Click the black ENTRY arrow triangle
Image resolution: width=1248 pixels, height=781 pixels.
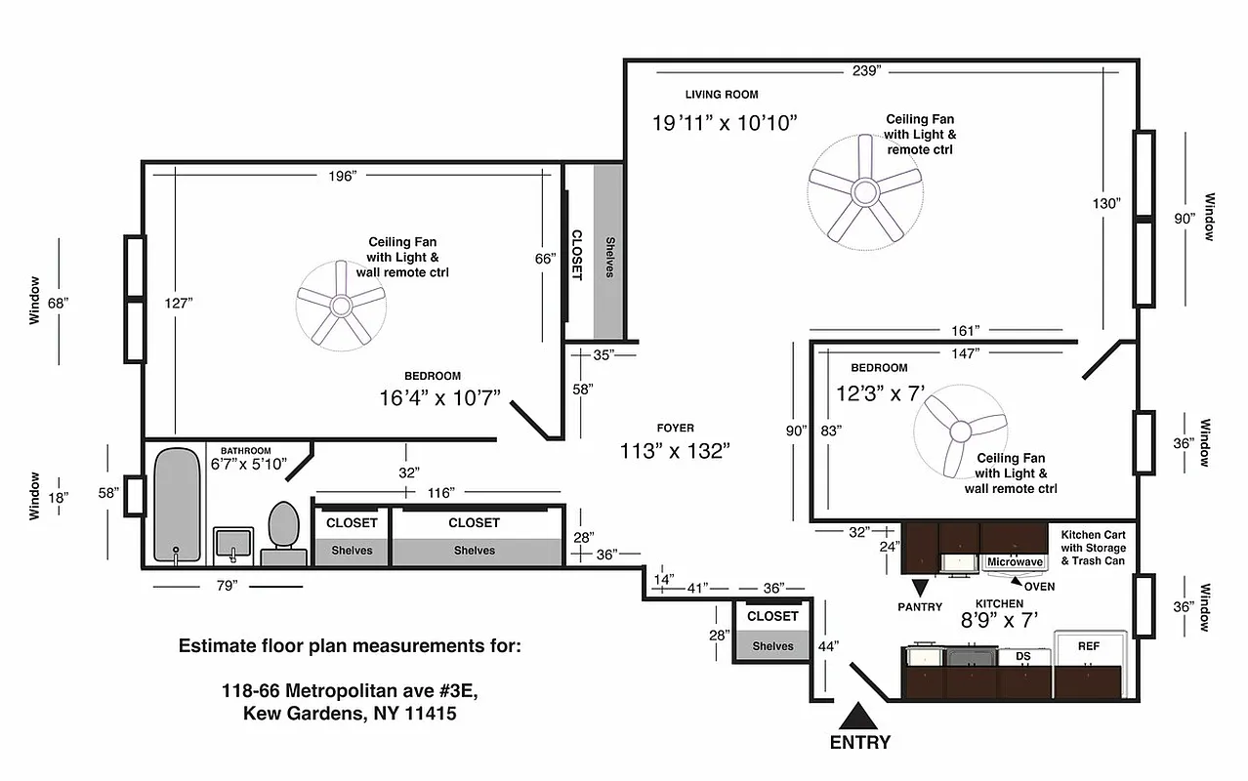point(859,715)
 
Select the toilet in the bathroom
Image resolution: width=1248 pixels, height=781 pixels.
point(283,533)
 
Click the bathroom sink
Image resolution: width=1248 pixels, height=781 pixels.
point(233,543)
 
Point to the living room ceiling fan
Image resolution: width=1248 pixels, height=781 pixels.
point(864,190)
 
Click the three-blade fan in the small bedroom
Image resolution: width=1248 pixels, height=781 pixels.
point(961,430)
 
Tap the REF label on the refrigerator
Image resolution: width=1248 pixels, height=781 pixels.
point(1089,646)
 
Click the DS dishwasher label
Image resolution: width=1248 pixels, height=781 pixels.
point(1023,657)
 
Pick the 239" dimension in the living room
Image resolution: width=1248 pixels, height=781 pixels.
point(866,70)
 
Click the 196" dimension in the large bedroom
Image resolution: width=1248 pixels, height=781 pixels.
point(343,175)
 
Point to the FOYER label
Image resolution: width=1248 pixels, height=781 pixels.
point(675,428)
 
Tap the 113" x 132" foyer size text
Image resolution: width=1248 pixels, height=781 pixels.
point(675,451)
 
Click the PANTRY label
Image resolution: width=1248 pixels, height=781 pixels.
point(920,607)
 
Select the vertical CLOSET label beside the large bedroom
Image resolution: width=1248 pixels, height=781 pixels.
point(576,255)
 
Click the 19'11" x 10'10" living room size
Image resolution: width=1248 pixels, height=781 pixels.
point(726,123)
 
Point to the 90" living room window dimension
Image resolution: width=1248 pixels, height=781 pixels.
point(1186,219)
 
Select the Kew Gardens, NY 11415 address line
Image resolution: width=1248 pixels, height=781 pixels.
point(350,714)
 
